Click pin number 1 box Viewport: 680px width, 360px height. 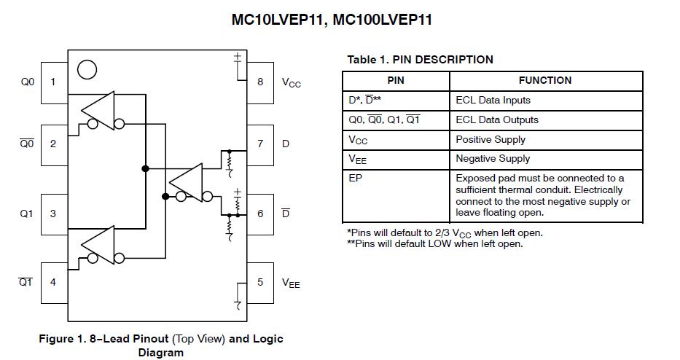(x=53, y=82)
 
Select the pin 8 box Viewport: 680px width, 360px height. (x=260, y=82)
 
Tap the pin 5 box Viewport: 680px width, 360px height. (x=260, y=282)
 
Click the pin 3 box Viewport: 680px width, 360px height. (x=53, y=214)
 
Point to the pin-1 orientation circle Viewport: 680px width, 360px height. (x=87, y=69)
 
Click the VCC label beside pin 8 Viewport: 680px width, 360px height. (x=291, y=83)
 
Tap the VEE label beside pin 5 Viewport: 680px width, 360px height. (x=291, y=283)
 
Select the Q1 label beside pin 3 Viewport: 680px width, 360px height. (x=27, y=214)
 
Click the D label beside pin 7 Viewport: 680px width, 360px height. (x=286, y=144)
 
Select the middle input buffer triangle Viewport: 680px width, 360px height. (x=187, y=181)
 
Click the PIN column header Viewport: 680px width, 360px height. (x=396, y=80)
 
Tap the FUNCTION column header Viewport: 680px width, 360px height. (x=545, y=80)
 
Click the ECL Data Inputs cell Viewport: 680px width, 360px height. (x=493, y=100)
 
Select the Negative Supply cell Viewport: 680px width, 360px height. (x=493, y=158)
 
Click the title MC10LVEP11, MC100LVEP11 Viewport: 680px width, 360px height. (x=332, y=20)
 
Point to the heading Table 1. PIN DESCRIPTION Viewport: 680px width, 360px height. (x=420, y=60)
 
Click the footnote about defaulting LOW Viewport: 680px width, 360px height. (x=435, y=243)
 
